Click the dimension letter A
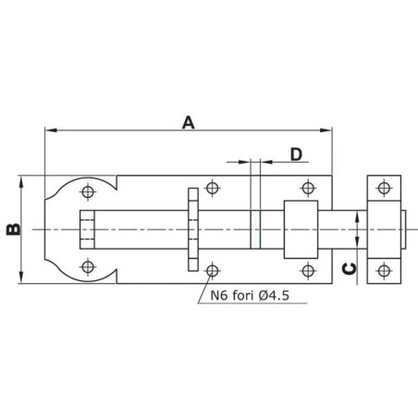pos(189,122)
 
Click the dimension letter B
pos(14,229)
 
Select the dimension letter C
pos(350,269)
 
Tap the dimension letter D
pos(296,154)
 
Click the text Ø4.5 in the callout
pos(274,296)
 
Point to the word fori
pos(242,295)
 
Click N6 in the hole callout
pos(219,296)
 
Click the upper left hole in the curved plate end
pos(88,192)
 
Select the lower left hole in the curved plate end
pos(88,266)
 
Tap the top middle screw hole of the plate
pos(212,188)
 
